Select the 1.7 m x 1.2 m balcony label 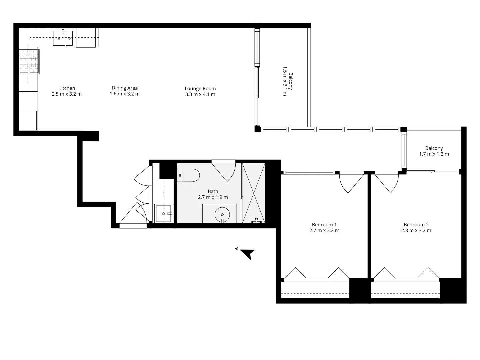click(x=434, y=154)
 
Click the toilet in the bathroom click(x=189, y=175)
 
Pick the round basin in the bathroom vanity click(x=222, y=214)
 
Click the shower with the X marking click(x=254, y=193)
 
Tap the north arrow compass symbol click(x=247, y=254)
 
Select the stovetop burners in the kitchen click(x=29, y=61)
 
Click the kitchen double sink click(x=63, y=38)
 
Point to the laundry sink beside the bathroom click(x=164, y=214)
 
